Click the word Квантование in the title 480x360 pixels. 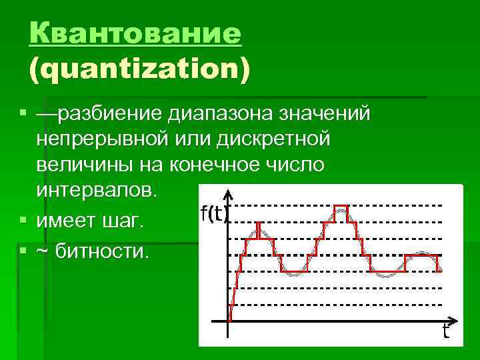(x=135, y=33)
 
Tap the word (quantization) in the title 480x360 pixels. (x=139, y=69)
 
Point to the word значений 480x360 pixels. (x=324, y=115)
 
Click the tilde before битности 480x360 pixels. (x=43, y=253)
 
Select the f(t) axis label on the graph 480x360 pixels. (x=214, y=214)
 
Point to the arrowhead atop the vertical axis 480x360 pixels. (x=229, y=194)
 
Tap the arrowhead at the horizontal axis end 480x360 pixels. (x=454, y=320)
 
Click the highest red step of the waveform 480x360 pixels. (x=341, y=206)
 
